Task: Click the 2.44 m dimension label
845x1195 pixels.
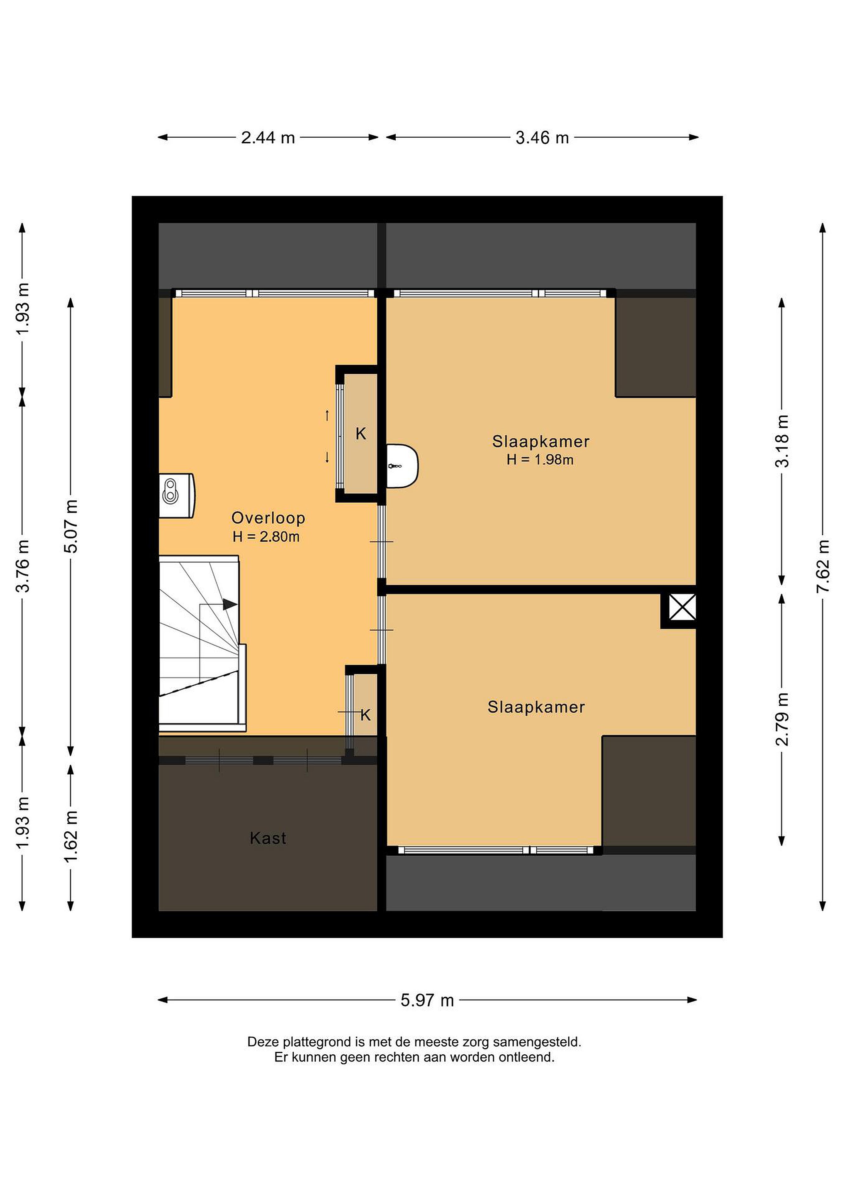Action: (x=268, y=138)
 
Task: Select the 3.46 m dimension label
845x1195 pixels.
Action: (x=542, y=138)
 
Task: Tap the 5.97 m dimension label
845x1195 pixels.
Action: (x=427, y=1000)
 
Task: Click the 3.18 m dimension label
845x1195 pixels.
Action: (x=782, y=441)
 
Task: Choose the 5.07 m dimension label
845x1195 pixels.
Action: (x=71, y=526)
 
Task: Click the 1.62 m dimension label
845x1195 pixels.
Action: (x=71, y=837)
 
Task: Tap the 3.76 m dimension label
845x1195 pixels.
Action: (x=22, y=566)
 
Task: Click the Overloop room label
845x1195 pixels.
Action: (x=268, y=518)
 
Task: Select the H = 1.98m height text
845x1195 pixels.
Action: (x=540, y=460)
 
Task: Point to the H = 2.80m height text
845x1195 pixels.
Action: (x=266, y=537)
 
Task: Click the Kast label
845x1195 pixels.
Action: (x=268, y=838)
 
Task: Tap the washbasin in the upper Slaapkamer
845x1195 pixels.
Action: (x=402, y=466)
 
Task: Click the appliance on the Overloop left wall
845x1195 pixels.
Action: (x=176, y=495)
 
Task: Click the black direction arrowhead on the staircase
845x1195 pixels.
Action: (x=230, y=604)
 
